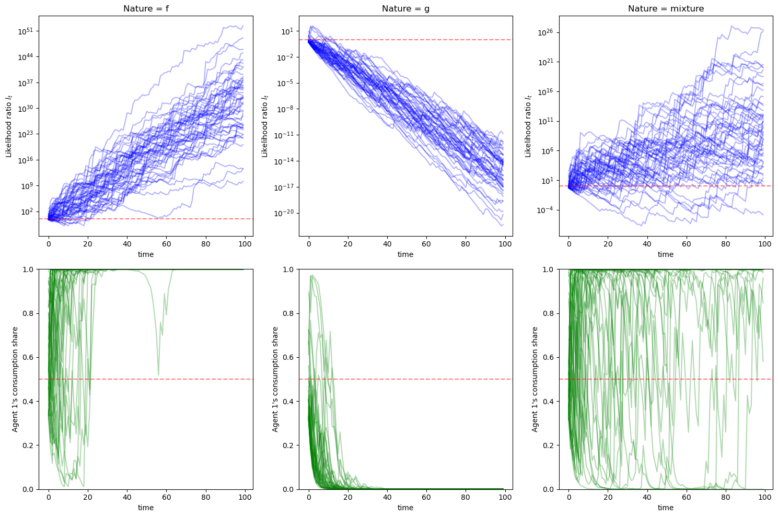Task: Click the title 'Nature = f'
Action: click(146, 8)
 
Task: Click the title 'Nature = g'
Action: click(405, 8)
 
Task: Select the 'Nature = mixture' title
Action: click(666, 8)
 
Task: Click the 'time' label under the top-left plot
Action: click(146, 254)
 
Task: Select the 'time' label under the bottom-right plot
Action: click(666, 508)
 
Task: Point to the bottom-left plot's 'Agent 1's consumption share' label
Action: click(15, 379)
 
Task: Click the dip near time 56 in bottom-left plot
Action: click(158, 374)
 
